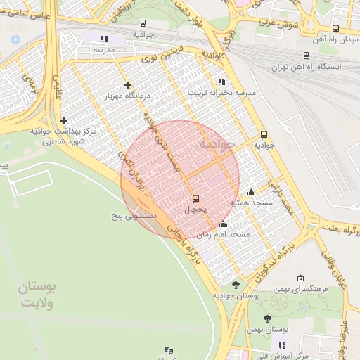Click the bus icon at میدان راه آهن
pos(335,29)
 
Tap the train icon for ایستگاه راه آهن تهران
pos(306,56)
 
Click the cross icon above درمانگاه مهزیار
pos(127,86)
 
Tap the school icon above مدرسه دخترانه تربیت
pos(221,82)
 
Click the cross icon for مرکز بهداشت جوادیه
pos(64,120)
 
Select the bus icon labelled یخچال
pos(195,198)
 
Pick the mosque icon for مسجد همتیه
pos(251,192)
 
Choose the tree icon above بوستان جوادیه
pos(235,285)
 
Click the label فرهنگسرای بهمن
pos(301,289)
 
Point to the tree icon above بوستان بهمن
pos(267,319)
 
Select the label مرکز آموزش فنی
pos(283,356)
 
